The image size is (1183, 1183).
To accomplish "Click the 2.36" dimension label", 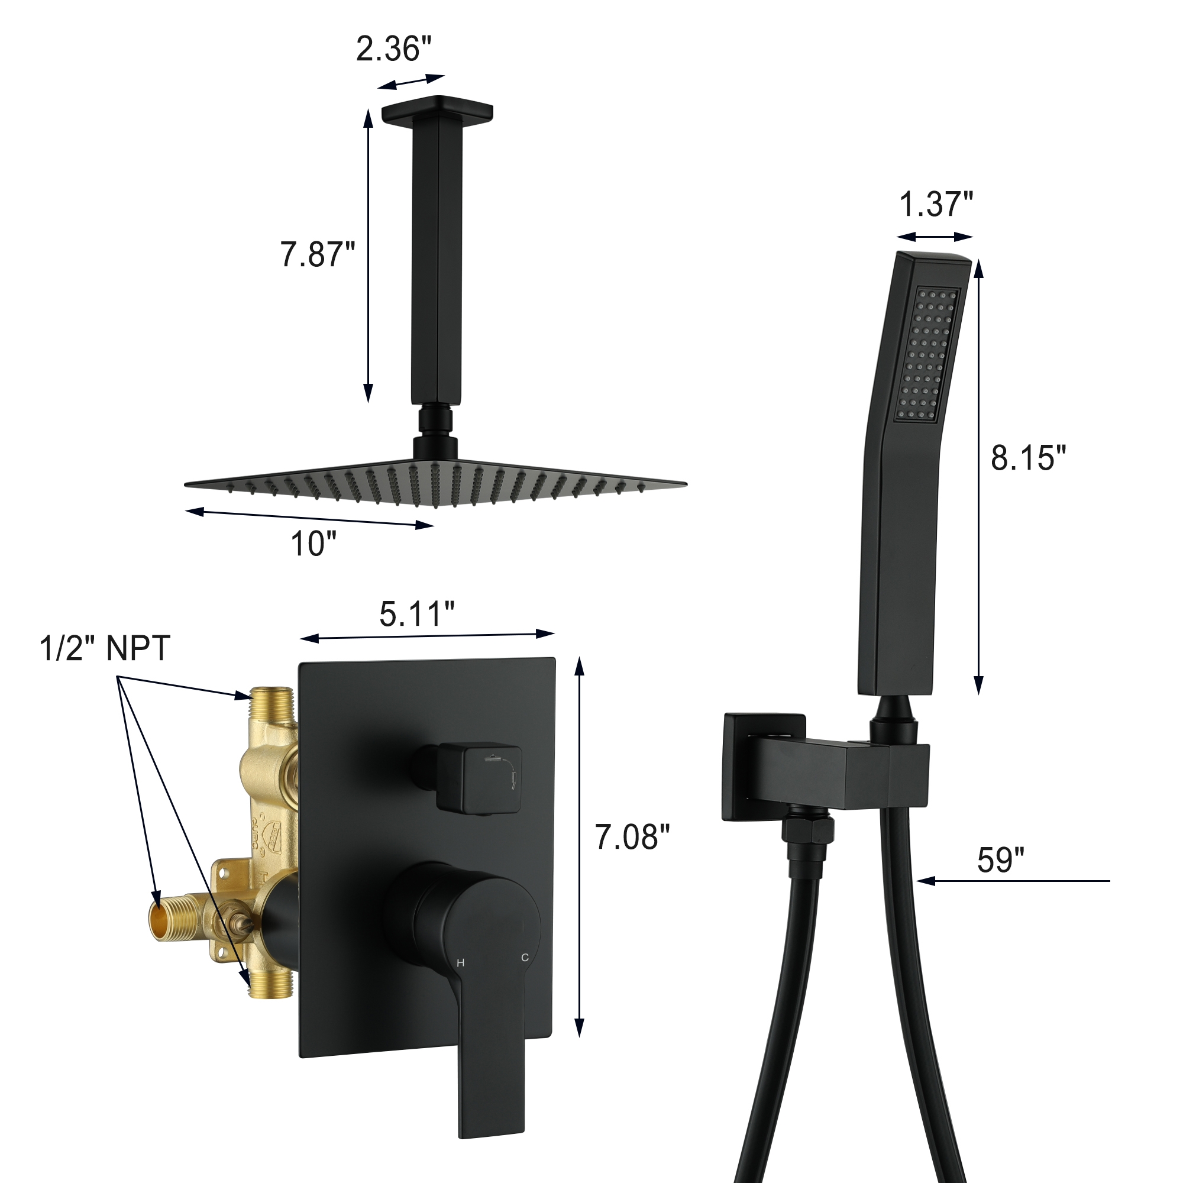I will pos(394,49).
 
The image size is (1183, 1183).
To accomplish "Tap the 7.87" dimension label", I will pos(317,254).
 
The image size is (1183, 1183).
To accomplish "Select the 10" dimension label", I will pos(313,543).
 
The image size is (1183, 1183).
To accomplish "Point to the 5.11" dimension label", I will pos(416,613).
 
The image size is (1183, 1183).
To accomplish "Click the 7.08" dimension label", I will pos(632,837).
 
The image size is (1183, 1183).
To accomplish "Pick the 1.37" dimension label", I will pos(936,204).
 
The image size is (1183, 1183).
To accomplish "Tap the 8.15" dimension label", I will pos(1029,457).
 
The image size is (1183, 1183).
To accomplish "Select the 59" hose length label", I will pos(1001,859).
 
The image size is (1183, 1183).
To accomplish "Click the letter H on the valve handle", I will pos(460,962).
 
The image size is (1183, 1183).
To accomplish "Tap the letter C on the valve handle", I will pos(525,957).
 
